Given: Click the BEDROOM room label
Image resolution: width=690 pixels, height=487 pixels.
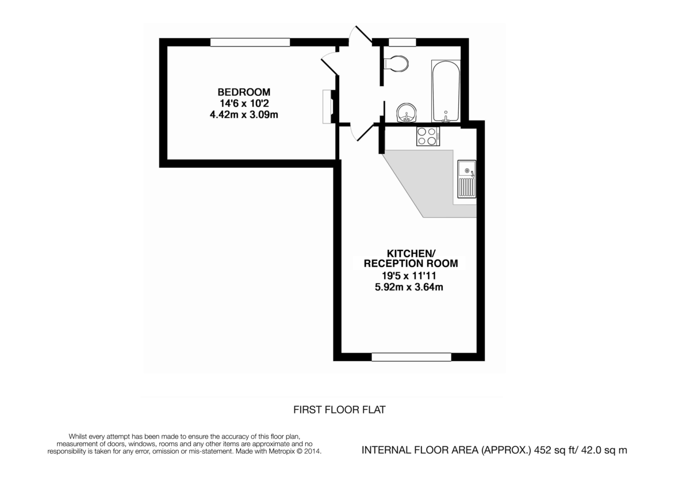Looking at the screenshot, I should pos(243,92).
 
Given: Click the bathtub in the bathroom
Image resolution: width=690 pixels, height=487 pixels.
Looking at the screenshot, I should pos(446,92).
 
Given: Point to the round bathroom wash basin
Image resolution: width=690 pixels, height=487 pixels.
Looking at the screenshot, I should pos(407,113).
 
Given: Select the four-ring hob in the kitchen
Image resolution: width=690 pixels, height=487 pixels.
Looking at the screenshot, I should pos(427,136).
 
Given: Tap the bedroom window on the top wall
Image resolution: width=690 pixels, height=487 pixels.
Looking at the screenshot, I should pos(250,42).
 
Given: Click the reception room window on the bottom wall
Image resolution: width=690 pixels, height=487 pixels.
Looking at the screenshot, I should pos(411,357).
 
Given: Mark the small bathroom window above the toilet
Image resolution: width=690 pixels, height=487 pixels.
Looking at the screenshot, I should pos(402,42).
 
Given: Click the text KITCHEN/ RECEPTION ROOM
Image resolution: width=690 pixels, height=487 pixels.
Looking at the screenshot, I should pos(411,258).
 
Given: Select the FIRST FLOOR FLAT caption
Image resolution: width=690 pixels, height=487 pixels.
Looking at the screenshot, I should pos(339,410).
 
